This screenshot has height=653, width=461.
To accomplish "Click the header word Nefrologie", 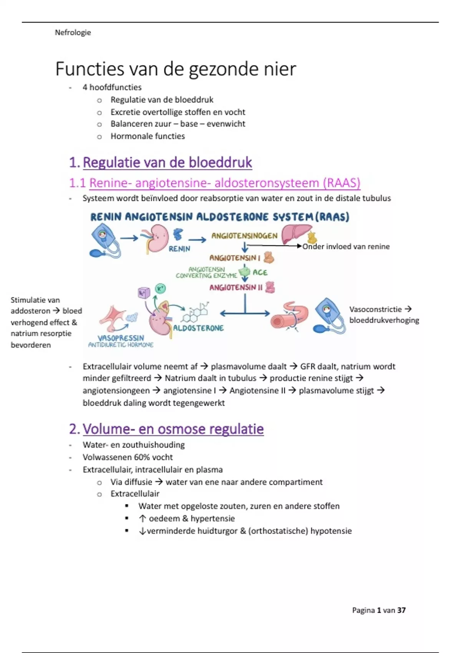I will (73, 33).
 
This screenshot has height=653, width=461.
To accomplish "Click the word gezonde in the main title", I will (221, 69).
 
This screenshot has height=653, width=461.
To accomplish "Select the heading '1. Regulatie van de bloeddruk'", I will (161, 162).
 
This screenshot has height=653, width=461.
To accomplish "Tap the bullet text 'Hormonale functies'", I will (148, 136).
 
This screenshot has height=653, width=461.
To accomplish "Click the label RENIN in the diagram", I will (179, 249).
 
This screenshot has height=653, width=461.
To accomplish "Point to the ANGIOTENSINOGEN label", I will (244, 236).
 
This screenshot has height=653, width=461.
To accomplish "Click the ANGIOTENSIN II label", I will (236, 287).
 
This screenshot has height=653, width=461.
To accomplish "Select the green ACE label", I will (260, 272).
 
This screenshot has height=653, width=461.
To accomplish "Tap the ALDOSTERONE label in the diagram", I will (198, 328).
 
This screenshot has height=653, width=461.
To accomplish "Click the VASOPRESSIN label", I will (121, 338).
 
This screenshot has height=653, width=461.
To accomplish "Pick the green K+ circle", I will (160, 288).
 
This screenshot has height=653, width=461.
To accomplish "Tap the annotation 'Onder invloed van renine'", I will (346, 247).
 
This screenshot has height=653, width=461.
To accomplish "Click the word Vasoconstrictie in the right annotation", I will (375, 309).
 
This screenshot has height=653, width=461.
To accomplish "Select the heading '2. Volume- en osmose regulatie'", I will (166, 429).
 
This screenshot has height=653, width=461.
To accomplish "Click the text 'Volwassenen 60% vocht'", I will (128, 457).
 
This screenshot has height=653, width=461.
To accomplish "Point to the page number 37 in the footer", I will (401, 610).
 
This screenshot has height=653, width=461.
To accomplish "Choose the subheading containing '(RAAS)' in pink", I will (215, 183).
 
